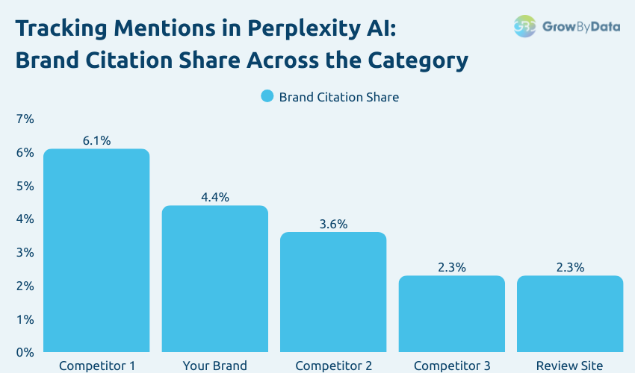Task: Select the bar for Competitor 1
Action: pyautogui.click(x=96, y=251)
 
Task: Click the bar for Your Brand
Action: pyautogui.click(x=214, y=279)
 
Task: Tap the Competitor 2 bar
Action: pyautogui.click(x=333, y=292)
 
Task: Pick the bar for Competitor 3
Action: pyautogui.click(x=452, y=314)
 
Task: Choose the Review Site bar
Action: pyautogui.click(x=570, y=314)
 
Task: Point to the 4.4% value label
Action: pyautogui.click(x=214, y=198)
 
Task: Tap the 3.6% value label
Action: pyautogui.click(x=333, y=225)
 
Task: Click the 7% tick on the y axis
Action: pyautogui.click(x=25, y=119)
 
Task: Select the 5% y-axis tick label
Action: pyautogui.click(x=25, y=186)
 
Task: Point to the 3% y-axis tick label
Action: pyautogui.click(x=25, y=252)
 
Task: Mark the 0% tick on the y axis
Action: pyautogui.click(x=25, y=352)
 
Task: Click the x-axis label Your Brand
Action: pyautogui.click(x=214, y=366)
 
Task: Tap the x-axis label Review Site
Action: pyautogui.click(x=570, y=366)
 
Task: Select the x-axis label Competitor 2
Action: pyautogui.click(x=333, y=366)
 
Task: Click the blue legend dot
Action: pyautogui.click(x=267, y=96)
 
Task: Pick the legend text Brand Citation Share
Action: pyautogui.click(x=338, y=97)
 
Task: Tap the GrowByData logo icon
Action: pyautogui.click(x=525, y=26)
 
